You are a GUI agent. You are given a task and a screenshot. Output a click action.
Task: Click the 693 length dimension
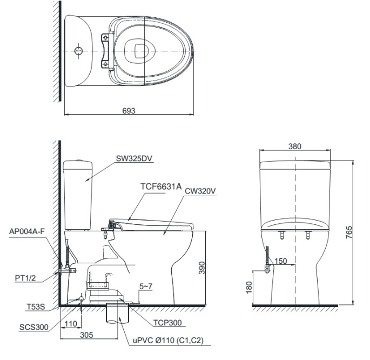[x=128, y=110]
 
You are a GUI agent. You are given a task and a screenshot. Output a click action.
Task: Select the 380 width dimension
[x=295, y=146]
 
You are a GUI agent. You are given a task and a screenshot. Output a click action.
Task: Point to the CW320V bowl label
[x=200, y=191]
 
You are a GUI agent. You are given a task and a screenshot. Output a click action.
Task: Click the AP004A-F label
[x=27, y=230]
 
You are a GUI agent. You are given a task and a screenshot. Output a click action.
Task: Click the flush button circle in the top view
[x=79, y=51]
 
